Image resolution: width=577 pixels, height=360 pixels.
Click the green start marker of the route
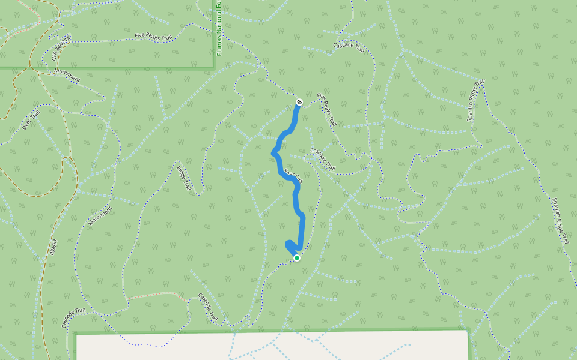297,258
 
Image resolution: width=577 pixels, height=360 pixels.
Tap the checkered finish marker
299,103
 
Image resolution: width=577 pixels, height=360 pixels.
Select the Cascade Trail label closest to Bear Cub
322,158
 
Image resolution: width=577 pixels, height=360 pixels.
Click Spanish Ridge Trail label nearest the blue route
475,100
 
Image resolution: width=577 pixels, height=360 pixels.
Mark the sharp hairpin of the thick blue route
288,243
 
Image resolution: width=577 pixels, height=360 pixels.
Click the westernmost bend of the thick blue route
274,153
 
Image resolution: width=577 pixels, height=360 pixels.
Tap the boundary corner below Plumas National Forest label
215,68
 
